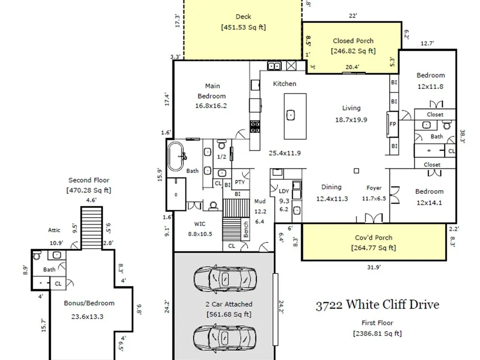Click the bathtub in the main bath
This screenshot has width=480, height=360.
176,157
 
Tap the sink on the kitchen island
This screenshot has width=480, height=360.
290,115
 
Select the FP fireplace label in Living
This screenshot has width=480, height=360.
393,124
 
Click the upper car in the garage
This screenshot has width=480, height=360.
225,278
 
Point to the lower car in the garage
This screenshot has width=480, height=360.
225,337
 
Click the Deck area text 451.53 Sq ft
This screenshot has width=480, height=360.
243,27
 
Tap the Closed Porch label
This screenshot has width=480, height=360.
353,41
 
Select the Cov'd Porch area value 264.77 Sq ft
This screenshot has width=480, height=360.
373,248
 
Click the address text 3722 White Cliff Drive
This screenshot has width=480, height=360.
377,305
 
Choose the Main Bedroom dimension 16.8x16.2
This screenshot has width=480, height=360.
211,106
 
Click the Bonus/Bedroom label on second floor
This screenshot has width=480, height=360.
89,303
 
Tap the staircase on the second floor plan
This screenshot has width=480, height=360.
92,228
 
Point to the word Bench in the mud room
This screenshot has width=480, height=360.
246,229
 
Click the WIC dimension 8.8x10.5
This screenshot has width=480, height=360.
200,234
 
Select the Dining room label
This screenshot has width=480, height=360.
331,187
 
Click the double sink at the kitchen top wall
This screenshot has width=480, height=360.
274,66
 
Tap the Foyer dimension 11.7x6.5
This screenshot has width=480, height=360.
374,199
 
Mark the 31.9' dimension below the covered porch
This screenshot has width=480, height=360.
374,267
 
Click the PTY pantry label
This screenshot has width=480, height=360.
240,182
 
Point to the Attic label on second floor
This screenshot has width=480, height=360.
54,230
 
